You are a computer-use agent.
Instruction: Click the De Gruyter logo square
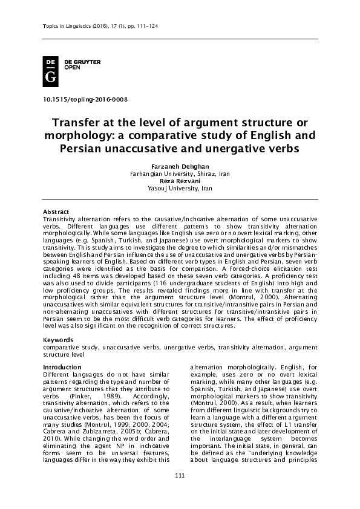pyautogui.click(x=51, y=71)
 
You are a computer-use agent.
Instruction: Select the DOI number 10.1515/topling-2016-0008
pyautogui.click(x=85, y=99)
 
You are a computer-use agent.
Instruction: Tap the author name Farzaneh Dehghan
pyautogui.click(x=180, y=166)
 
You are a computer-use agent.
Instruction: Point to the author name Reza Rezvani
pyautogui.click(x=180, y=181)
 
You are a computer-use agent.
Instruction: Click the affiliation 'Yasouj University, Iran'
pyautogui.click(x=180, y=188)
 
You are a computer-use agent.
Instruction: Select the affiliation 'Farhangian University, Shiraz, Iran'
pyautogui.click(x=180, y=173)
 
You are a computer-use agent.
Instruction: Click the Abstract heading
pyautogui.click(x=56, y=211)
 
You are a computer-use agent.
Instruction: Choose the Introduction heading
pyautogui.click(x=62, y=367)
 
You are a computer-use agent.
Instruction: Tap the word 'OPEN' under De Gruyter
pyautogui.click(x=72, y=68)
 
